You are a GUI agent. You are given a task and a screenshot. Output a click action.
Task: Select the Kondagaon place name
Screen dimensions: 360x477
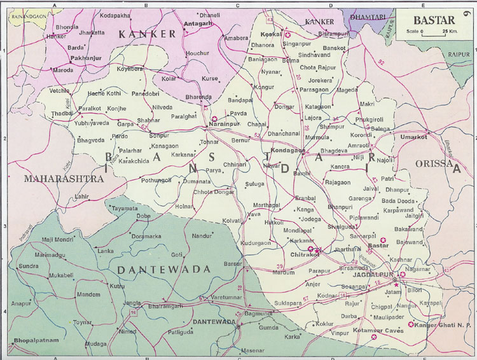(x=289, y=151)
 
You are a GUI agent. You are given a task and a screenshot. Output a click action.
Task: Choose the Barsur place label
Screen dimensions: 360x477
(x=233, y=263)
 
